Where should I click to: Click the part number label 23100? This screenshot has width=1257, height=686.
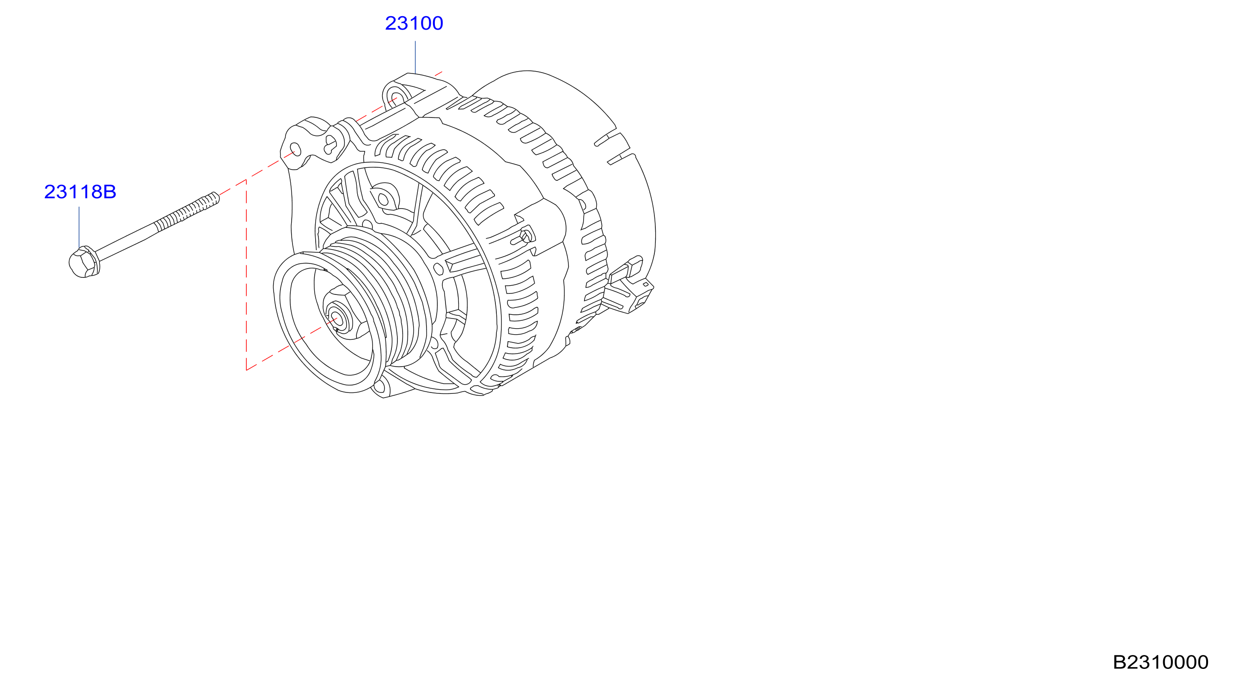(414, 24)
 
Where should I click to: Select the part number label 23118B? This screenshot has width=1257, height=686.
(80, 192)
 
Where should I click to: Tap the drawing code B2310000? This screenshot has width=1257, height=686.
(1160, 662)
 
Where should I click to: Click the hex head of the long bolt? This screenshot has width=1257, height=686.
(84, 262)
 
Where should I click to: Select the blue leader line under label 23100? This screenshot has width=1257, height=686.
(415, 57)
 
